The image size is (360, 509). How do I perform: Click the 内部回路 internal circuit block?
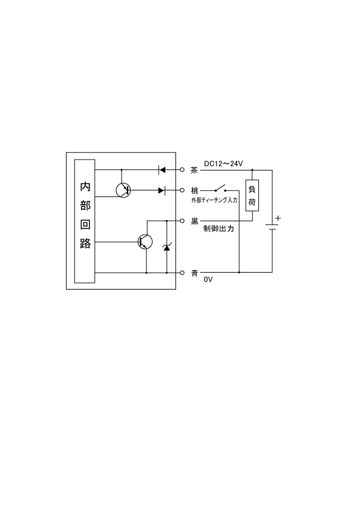coord(85,221)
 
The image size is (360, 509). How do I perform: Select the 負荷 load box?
coord(252,195)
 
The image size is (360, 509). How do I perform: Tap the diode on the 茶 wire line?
coord(162,169)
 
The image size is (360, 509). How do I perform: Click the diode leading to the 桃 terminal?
coord(162,190)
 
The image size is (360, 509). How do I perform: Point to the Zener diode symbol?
coord(167,247)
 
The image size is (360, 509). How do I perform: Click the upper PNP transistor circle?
coord(123,190)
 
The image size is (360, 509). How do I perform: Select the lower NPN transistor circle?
coord(145,242)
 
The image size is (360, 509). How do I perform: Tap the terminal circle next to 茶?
coord(182,169)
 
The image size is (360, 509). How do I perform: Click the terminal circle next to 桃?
coord(182,190)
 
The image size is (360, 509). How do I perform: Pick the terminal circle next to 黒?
coord(182,221)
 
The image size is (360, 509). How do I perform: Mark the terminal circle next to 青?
coord(182,273)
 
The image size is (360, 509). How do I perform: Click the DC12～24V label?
coord(223,164)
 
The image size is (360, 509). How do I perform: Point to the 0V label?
coord(208,279)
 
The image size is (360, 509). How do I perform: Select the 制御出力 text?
coord(218,229)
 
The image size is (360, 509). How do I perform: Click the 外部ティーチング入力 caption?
coord(214,200)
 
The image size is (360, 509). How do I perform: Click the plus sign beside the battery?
coord(278,218)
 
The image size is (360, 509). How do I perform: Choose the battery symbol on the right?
coord(272,227)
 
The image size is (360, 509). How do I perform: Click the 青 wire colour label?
coord(194,273)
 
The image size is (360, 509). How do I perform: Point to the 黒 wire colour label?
coord(194,221)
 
